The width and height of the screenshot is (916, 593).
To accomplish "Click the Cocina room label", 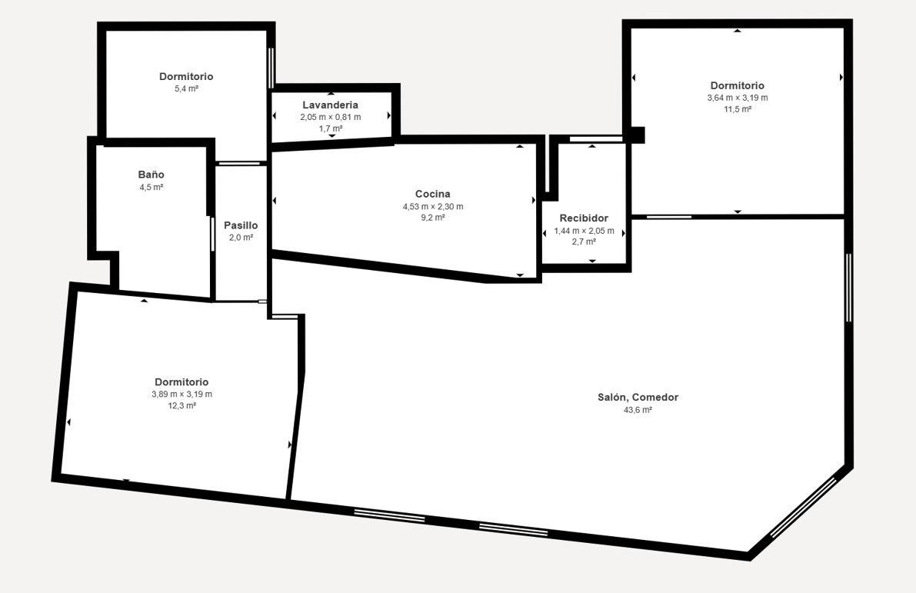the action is (433, 194).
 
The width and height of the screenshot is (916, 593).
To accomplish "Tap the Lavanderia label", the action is (331, 105).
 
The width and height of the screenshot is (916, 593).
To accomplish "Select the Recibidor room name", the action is (584, 218).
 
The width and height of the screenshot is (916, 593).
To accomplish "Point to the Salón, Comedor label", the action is (638, 398).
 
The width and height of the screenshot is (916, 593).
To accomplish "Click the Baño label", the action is (152, 175).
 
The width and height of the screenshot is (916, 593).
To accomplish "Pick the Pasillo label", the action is (241, 225).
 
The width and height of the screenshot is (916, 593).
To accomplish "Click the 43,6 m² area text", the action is (638, 410).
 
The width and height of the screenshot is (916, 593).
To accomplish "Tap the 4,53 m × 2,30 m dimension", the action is (433, 207).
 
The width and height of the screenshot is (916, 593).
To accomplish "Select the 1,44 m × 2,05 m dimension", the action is (585, 231).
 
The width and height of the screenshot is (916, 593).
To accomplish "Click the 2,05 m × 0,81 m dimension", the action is (331, 118).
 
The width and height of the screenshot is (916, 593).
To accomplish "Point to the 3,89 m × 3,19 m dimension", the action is (182, 395).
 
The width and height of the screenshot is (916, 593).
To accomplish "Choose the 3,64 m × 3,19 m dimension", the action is (738, 98).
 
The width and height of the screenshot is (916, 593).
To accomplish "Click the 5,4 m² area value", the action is (186, 88).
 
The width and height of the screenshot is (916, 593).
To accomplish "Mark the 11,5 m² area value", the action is (738, 109).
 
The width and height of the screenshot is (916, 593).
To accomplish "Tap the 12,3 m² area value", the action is (182, 405).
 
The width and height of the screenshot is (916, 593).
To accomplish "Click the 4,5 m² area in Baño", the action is (152, 188).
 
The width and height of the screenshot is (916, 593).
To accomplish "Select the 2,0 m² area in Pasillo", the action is (241, 238).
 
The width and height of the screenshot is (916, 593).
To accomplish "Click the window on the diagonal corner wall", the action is (803, 507).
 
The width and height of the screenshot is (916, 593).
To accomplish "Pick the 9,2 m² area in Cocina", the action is (433, 218).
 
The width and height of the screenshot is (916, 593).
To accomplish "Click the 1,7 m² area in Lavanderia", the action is (331, 128).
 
